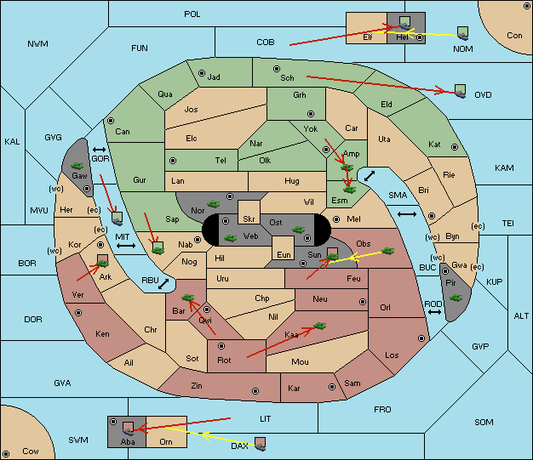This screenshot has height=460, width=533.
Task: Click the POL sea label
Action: point(192,14)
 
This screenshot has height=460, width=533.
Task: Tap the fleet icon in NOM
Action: point(462,34)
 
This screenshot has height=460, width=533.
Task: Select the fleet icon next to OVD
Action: point(461,91)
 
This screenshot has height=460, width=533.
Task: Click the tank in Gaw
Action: point(77,166)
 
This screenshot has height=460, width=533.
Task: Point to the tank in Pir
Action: point(456,298)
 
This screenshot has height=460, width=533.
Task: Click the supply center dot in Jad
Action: point(202,73)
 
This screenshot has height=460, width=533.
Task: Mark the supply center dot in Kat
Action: point(455,147)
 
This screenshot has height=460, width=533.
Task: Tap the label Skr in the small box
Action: point(249,219)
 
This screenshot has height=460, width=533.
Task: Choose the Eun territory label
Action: point(284,254)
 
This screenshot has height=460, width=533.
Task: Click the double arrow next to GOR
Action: point(100,150)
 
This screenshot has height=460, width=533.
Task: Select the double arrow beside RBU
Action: point(163,284)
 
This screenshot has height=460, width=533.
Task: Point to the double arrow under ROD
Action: point(434,312)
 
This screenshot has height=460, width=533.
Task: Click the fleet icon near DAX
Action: point(261,444)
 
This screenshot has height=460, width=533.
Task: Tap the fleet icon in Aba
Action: point(129,429)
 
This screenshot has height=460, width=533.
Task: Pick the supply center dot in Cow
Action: point(6,454)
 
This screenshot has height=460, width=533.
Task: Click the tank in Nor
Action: point(214,204)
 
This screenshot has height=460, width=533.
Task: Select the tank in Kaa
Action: point(320,326)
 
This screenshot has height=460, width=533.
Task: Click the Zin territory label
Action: point(197,386)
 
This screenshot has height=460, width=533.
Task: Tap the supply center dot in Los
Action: point(421,338)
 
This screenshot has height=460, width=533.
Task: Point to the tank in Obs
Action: point(388,251)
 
